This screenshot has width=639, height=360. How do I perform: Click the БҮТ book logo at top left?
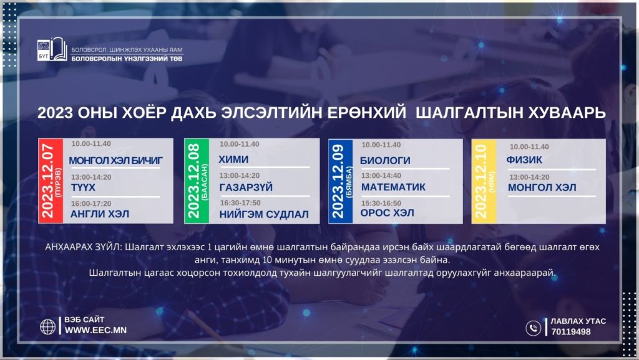(x=52, y=50)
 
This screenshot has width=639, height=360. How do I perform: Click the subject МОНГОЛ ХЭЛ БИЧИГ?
(x=115, y=161)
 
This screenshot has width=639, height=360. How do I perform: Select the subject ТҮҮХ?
(x=83, y=188)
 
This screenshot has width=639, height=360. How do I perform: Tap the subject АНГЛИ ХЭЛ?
(x=100, y=214)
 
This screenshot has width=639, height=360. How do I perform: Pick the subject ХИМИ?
(x=233, y=160)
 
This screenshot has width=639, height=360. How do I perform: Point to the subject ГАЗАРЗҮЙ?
(x=246, y=187)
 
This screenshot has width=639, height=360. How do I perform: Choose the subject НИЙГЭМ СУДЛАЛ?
(x=264, y=214)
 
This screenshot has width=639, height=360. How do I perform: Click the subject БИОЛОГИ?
(x=385, y=160)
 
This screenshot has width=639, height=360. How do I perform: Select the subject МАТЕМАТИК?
(x=393, y=187)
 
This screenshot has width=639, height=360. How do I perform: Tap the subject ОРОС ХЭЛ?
(x=387, y=213)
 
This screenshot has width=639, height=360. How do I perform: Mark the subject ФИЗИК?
(x=524, y=160)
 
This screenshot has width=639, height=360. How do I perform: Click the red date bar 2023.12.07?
(x=51, y=181)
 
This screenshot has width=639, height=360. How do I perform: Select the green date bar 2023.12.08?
(x=197, y=181)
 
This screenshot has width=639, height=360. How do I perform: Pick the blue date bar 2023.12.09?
(x=341, y=181)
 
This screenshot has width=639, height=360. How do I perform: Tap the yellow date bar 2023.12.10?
(x=484, y=181)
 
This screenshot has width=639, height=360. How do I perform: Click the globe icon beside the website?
(x=47, y=326)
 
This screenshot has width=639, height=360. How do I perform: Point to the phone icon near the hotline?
(x=533, y=328)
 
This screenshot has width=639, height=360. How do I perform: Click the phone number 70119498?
(x=570, y=332)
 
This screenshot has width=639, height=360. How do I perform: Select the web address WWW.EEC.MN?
(x=95, y=330)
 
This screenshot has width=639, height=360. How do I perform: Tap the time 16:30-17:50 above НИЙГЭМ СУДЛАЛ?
(x=240, y=203)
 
